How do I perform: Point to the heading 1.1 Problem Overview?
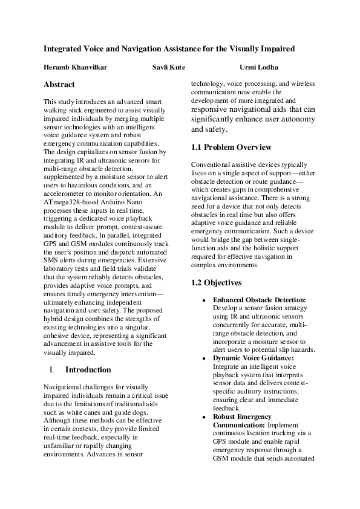click(231, 148)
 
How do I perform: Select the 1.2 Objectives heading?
click(217, 282)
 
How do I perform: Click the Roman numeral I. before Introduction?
click(51, 369)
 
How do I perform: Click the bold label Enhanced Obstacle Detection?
click(260, 300)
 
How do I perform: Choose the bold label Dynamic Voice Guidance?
click(253, 358)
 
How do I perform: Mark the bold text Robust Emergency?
click(242, 417)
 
